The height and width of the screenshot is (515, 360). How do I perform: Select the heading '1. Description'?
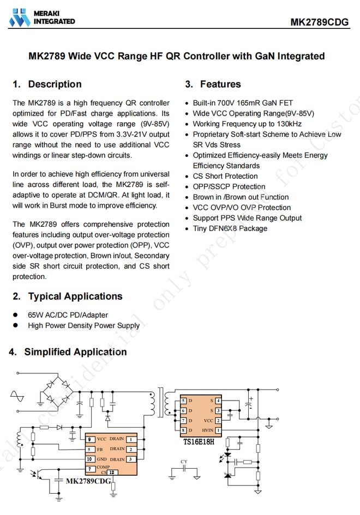(47, 84)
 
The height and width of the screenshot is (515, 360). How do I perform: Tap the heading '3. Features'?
(213, 84)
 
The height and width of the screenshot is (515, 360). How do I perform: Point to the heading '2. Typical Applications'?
(68, 296)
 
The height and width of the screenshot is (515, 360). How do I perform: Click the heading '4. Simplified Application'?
(68, 352)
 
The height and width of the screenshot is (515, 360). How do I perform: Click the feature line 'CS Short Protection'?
(225, 176)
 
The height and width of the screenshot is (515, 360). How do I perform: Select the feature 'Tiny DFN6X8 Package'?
(230, 228)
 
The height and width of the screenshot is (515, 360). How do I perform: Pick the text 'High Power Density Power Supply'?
(83, 325)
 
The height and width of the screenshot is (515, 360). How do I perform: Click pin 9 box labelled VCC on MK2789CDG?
(89, 439)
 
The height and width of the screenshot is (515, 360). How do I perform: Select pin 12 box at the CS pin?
(112, 472)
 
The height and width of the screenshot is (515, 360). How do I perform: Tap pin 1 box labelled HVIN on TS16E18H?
(218, 431)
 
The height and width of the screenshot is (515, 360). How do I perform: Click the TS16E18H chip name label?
(199, 441)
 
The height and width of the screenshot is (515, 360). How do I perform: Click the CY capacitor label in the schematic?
(184, 462)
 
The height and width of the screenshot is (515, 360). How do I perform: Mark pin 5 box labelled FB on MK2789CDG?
(89, 450)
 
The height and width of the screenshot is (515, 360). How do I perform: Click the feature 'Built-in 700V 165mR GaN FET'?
(242, 103)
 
